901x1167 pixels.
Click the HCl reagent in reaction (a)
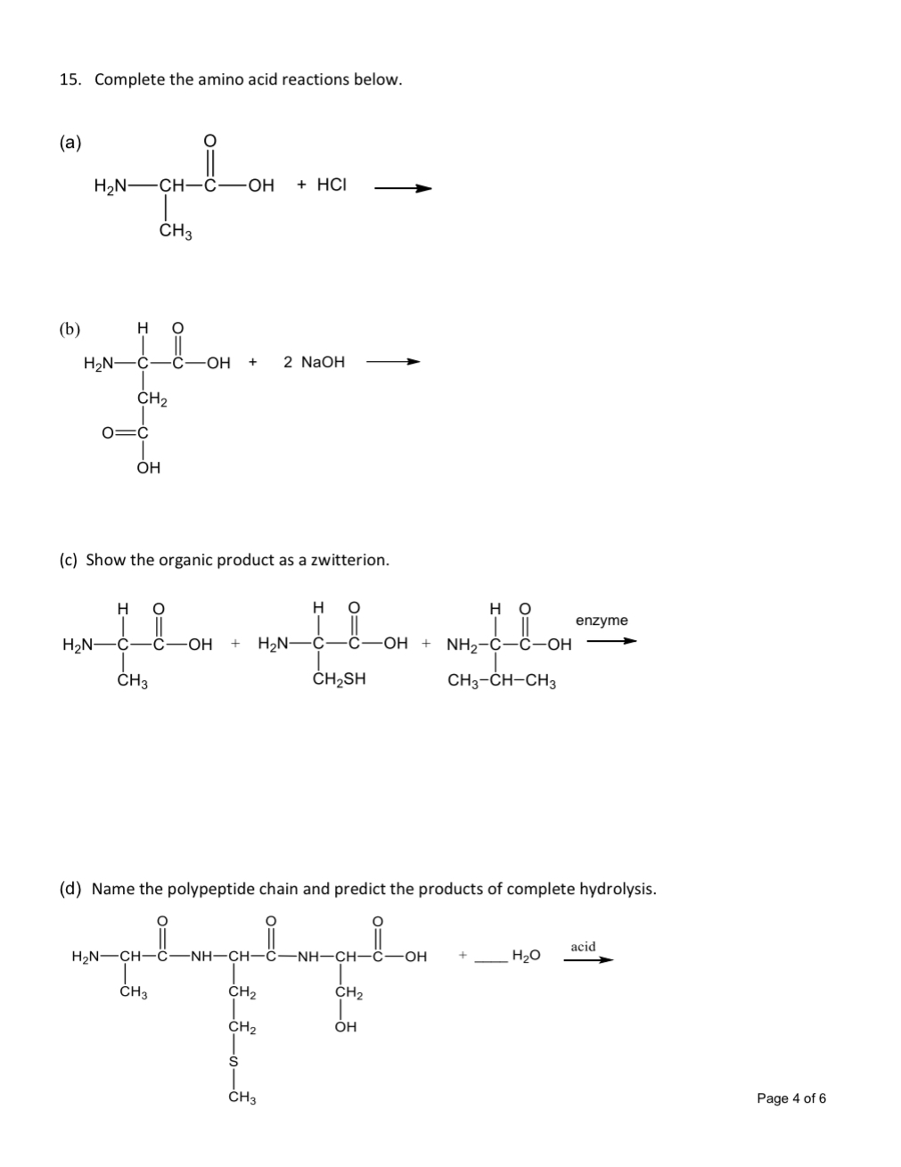coord(332,185)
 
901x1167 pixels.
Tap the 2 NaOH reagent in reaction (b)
coord(314,362)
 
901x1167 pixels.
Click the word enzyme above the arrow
coord(602,620)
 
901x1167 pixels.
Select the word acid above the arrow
coord(583,946)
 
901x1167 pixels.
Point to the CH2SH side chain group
coord(339,679)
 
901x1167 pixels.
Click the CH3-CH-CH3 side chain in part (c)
coord(502,682)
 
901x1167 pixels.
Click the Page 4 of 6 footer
coord(790,1098)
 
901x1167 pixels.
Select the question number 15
coord(70,79)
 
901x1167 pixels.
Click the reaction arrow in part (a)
coord(403,188)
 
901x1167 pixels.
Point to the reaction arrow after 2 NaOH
coord(392,362)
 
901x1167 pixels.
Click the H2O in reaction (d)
coord(526,957)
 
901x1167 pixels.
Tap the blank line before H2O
coord(490,961)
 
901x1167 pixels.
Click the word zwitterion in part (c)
coord(348,560)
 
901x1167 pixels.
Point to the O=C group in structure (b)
coord(124,433)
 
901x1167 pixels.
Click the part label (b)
coord(70,329)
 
